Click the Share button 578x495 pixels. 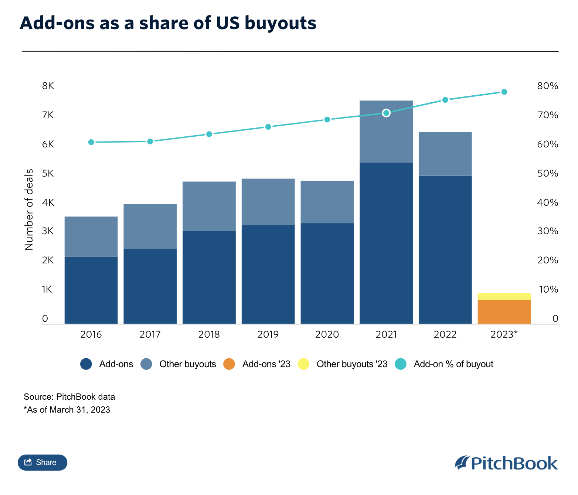tap(42, 462)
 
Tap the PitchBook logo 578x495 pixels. tap(506, 463)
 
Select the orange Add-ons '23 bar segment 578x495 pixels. tap(504, 312)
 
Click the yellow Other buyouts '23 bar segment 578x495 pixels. tap(504, 296)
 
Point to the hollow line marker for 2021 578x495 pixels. tap(386, 113)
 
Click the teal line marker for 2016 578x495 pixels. tap(91, 142)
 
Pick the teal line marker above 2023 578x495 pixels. tap(504, 92)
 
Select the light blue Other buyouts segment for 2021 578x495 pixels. tap(386, 132)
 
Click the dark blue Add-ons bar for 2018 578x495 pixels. tap(209, 277)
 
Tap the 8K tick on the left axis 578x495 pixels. tap(48, 86)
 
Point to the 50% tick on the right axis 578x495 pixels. tap(547, 174)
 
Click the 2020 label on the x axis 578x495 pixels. tap(327, 335)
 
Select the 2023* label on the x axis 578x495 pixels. tap(504, 335)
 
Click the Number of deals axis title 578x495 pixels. tap(29, 209)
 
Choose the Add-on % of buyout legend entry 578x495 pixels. tap(453, 364)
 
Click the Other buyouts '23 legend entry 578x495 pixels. tap(351, 364)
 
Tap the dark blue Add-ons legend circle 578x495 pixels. tap(86, 364)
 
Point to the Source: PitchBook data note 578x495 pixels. tap(69, 397)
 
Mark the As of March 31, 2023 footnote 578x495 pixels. tap(67, 410)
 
